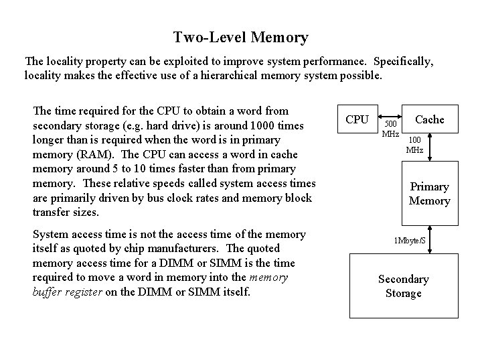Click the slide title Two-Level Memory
point(240,38)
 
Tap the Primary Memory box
point(429,194)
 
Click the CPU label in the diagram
point(357,119)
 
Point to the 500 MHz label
point(391,129)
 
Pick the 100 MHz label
point(414,145)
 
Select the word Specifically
point(403,61)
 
